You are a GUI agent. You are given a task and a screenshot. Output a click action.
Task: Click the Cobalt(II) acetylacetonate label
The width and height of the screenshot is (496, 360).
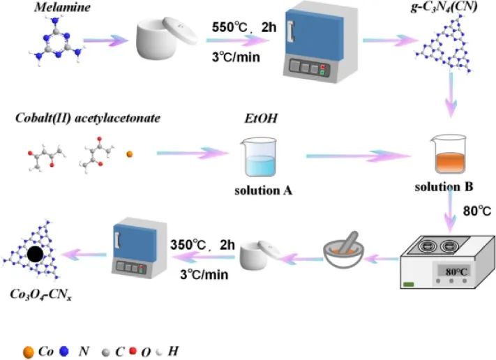click(x=88, y=118)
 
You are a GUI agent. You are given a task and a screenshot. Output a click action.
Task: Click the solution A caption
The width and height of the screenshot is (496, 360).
click(x=260, y=192)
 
